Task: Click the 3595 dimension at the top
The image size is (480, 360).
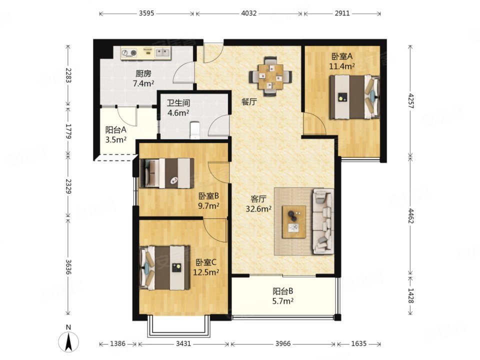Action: point(146,13)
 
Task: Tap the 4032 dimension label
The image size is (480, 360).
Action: point(249,13)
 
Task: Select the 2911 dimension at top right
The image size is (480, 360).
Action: point(342,13)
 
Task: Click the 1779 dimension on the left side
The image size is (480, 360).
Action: point(68,131)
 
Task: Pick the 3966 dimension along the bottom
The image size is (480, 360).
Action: point(282,343)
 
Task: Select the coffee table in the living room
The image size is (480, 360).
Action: point(294,222)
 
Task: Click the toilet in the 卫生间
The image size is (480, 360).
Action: point(194,130)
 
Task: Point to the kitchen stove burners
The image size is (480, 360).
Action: point(129,53)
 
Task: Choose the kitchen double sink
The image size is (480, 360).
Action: point(162,52)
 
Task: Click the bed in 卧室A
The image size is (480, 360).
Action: point(354,97)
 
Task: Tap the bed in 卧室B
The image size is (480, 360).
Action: point(167,173)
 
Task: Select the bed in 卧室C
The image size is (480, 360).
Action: point(164,267)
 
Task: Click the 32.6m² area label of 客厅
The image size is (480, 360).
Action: point(258,209)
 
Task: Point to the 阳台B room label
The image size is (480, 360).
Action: point(283,291)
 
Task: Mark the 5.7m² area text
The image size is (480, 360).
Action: point(283,301)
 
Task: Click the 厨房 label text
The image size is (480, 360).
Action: point(143,74)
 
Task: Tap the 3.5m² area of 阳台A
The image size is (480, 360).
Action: point(116,140)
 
